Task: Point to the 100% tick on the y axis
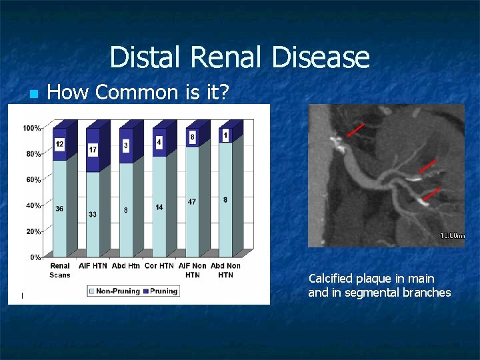click(32, 127)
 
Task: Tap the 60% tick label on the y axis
click(33, 179)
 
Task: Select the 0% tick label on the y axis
click(36, 257)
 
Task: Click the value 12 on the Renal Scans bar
click(59, 144)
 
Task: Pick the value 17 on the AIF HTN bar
click(93, 151)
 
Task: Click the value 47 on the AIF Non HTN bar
click(192, 201)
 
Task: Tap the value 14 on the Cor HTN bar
click(159, 207)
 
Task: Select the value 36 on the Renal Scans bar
click(59, 208)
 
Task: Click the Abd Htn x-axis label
click(126, 266)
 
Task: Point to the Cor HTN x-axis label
click(159, 266)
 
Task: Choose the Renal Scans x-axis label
click(60, 270)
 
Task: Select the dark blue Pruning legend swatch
click(145, 291)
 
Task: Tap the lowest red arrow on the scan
click(432, 194)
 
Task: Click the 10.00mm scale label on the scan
click(451, 235)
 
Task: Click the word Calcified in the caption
click(331, 279)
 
